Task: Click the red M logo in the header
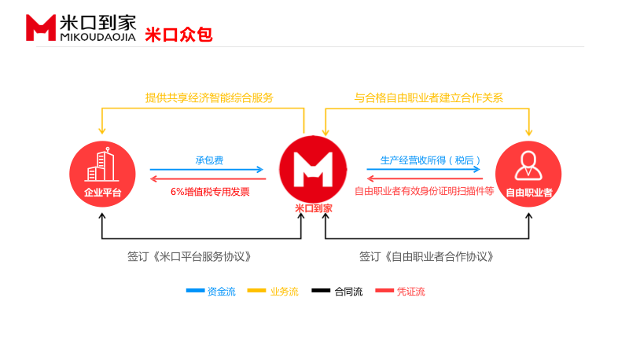click(40, 28)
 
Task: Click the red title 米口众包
click(178, 35)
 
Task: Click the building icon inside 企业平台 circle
click(102, 164)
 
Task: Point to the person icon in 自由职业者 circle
click(528, 165)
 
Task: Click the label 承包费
click(209, 160)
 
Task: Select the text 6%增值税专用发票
click(210, 191)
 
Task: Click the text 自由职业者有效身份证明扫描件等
click(424, 191)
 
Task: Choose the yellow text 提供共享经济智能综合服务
click(209, 98)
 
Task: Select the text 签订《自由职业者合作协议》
click(426, 256)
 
